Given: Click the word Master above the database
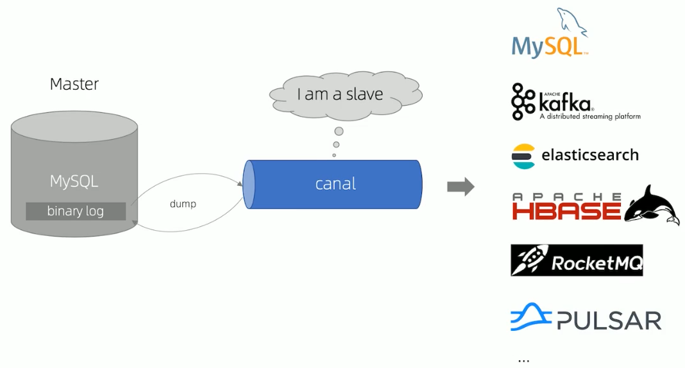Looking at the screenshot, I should pyautogui.click(x=74, y=84).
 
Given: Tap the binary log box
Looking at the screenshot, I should pyautogui.click(x=75, y=211).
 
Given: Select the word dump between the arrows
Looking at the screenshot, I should pyautogui.click(x=183, y=204).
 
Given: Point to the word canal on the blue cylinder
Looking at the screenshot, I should pyautogui.click(x=335, y=184).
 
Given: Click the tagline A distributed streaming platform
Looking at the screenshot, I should pyautogui.click(x=589, y=117).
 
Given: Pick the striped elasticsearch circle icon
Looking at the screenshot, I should pyautogui.click(x=523, y=156).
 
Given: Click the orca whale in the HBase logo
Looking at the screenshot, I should pyautogui.click(x=651, y=206).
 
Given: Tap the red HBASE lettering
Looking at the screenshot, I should pyautogui.click(x=566, y=210).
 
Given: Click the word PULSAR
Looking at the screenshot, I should pyautogui.click(x=609, y=320).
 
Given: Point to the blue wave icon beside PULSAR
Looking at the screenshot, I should pyautogui.click(x=530, y=317).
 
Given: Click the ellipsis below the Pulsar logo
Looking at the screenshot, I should pyautogui.click(x=523, y=360).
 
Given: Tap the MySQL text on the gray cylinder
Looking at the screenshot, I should pyautogui.click(x=74, y=181).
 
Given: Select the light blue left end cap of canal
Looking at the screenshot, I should pyautogui.click(x=248, y=184).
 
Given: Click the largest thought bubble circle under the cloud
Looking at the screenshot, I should pyautogui.click(x=339, y=131).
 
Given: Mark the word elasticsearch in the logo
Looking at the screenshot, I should pyautogui.click(x=590, y=155).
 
